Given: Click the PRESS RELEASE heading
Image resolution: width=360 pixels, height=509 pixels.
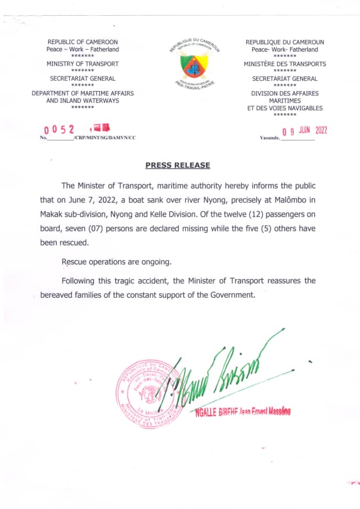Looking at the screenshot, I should (x=178, y=165).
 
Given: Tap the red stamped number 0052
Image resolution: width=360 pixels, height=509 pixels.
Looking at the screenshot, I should (x=60, y=129).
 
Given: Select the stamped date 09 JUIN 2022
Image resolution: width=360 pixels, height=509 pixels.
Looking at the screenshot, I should (x=304, y=131).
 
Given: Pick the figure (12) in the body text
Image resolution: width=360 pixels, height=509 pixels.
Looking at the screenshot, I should (x=224, y=214).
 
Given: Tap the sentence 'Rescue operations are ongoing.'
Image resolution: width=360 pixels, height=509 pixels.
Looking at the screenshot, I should (x=117, y=262).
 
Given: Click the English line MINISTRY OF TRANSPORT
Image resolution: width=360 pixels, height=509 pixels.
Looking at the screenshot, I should (x=82, y=64).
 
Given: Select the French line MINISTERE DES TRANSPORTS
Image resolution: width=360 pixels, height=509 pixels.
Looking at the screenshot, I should (x=285, y=64).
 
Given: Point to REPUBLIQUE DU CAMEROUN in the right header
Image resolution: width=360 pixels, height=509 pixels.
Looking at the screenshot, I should (x=285, y=42).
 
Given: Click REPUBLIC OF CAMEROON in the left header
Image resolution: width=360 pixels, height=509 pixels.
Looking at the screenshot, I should (x=82, y=42).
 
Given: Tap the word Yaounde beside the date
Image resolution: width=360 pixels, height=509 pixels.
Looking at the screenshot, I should (x=270, y=138).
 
